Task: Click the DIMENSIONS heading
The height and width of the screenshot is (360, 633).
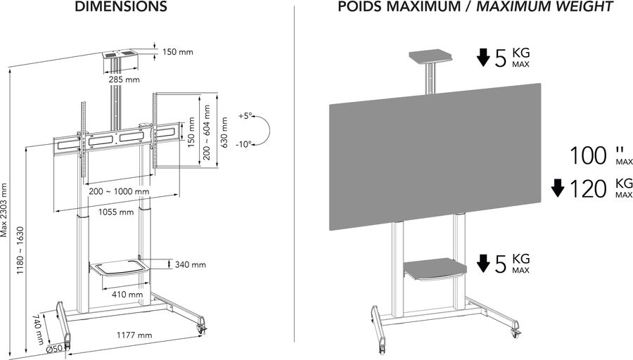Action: [120, 7]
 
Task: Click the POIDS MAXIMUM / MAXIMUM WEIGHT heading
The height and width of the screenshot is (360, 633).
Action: [475, 7]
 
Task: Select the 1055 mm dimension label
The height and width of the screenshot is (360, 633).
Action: [116, 212]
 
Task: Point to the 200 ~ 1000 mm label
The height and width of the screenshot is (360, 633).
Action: [119, 191]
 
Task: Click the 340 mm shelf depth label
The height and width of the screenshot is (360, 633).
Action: [190, 265]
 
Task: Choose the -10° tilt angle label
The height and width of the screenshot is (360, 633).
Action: [244, 144]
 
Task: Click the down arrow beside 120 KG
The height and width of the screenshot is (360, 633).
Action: [558, 188]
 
